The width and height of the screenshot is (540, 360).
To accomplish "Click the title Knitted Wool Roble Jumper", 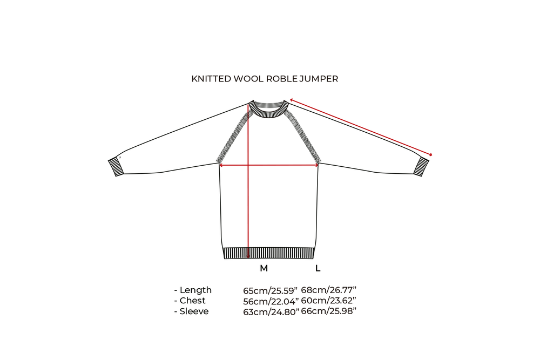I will click(265, 79).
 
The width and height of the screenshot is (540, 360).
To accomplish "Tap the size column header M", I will click(264, 268).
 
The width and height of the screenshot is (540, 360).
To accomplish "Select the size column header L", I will click(318, 268).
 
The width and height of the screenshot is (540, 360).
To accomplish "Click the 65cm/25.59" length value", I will click(271, 291).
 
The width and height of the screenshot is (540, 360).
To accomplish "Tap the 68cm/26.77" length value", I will click(328, 291).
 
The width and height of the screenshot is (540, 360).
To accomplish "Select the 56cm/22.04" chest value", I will click(271, 301).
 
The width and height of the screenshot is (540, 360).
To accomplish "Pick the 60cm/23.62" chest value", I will click(328, 301).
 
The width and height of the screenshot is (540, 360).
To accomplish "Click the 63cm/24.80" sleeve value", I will click(271, 311).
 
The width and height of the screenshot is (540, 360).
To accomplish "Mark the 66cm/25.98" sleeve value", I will click(328, 311).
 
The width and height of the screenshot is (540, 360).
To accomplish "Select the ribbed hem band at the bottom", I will click(268, 253).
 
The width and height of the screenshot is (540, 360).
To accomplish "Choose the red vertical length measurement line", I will click(248, 205).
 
